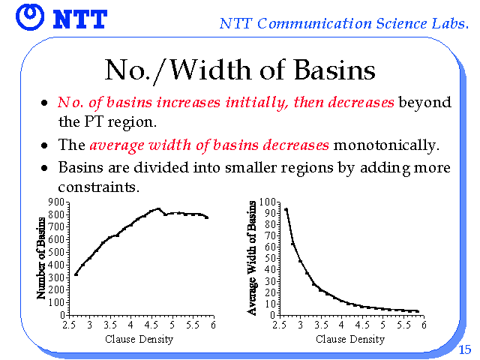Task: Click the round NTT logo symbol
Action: click(30, 17)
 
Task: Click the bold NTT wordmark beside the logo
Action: click(80, 19)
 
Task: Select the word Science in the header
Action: click(401, 23)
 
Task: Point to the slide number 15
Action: click(465, 349)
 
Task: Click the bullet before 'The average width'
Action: click(45, 145)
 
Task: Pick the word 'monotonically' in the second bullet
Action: click(386, 145)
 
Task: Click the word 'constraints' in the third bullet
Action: click(98, 187)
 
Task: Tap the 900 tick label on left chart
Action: click(56, 202)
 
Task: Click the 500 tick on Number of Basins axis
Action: click(56, 252)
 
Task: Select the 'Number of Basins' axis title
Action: click(40, 258)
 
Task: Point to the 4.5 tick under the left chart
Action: click(151, 325)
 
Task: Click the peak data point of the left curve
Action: click(158, 209)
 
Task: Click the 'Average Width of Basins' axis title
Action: click(252, 258)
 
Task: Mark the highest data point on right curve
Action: click(286, 209)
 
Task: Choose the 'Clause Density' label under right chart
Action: click(350, 339)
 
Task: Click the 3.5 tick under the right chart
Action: click(321, 325)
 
